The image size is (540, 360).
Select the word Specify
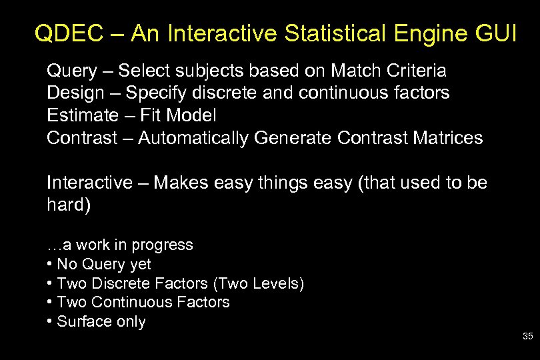pyautogui.click(x=152, y=93)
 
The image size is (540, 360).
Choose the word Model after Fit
pyautogui.click(x=191, y=115)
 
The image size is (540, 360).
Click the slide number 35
pyautogui.click(x=527, y=337)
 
